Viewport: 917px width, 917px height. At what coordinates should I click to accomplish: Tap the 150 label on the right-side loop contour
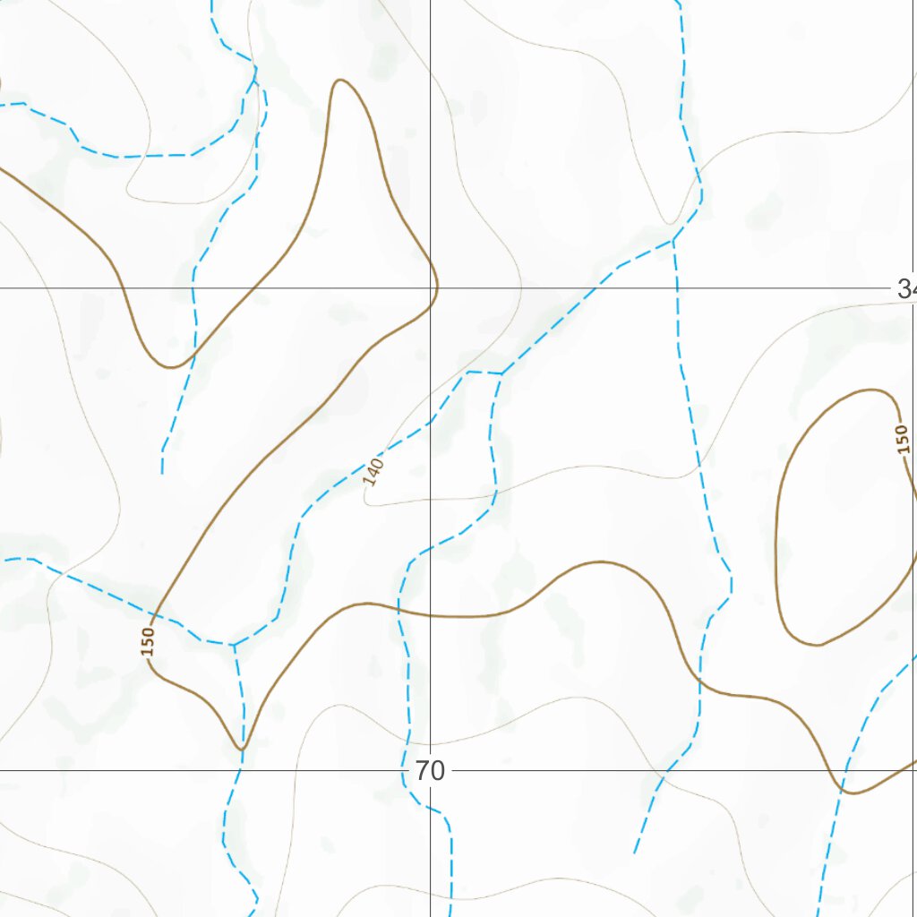pos(903,439)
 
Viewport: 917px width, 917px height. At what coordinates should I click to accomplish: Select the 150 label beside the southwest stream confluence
pos(148,641)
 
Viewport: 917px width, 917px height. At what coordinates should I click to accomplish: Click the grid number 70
pos(430,771)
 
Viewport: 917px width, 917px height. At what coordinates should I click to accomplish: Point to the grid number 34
pos(906,288)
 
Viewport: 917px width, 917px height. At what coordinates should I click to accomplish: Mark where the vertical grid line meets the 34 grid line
pos(431,288)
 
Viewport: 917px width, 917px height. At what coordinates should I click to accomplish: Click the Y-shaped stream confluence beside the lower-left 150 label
pos(233,644)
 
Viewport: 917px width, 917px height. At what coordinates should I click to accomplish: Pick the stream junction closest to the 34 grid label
pos(673,240)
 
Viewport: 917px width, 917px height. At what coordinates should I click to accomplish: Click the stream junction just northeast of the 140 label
pos(500,373)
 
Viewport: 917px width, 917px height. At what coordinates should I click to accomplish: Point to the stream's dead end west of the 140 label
pos(162,472)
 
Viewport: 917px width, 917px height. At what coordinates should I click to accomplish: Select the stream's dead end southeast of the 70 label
pos(634,853)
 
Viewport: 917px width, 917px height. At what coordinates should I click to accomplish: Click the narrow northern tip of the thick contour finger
pos(340,81)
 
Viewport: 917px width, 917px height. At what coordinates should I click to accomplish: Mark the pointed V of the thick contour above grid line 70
pos(241,748)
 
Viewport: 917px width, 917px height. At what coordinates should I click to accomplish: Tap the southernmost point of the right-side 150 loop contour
pos(817,645)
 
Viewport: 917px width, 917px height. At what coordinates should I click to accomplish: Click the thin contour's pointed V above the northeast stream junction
pos(669,222)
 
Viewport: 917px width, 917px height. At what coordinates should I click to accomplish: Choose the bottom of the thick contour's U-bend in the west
pos(170,367)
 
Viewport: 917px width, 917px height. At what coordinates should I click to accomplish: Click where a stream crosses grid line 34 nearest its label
pos(677,288)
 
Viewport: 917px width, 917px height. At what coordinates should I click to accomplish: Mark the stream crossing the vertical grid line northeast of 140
pos(431,421)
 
